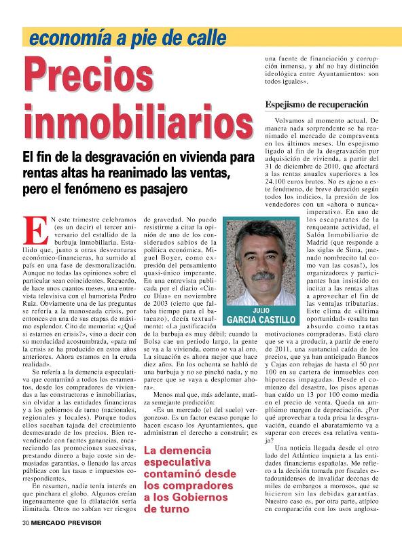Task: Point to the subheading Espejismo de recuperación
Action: click(316, 105)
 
